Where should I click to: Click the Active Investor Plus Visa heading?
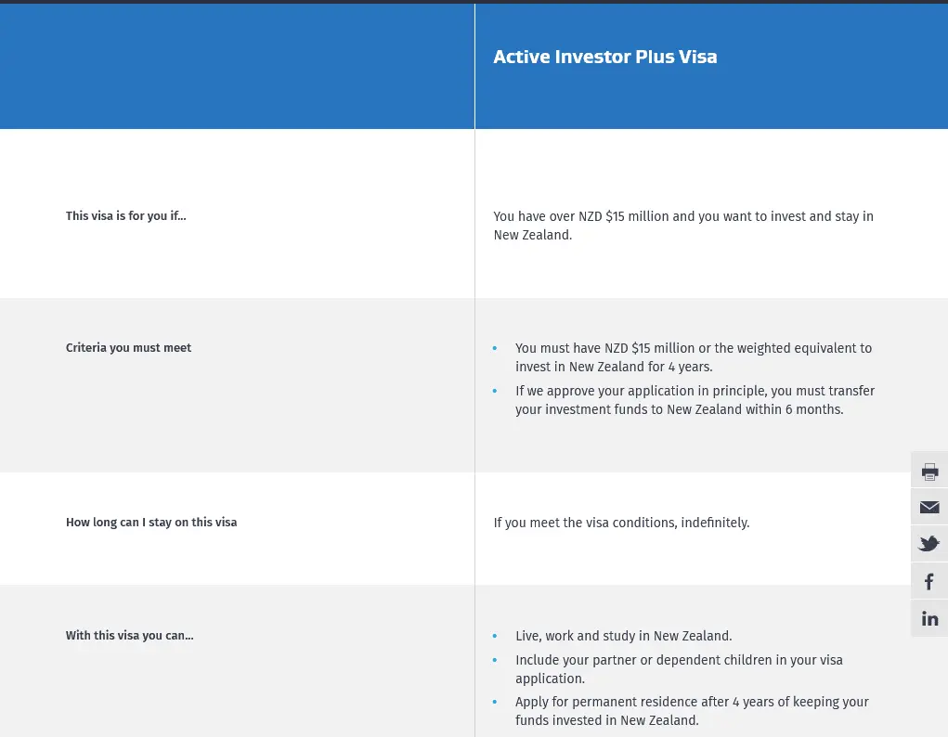(605, 57)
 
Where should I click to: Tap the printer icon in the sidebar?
(929, 472)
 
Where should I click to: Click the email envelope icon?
(929, 507)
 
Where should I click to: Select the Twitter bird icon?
(929, 544)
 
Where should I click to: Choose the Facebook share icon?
(929, 582)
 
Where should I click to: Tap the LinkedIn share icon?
(929, 618)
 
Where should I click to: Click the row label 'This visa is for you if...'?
(125, 216)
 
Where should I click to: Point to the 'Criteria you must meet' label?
(128, 348)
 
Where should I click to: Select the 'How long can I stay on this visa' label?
(151, 523)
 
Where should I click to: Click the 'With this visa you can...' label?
(129, 636)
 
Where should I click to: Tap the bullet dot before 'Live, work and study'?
(495, 636)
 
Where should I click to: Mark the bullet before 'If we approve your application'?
(495, 391)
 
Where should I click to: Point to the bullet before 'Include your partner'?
(495, 660)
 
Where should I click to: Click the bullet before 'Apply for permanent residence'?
(495, 702)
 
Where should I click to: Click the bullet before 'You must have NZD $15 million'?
(495, 348)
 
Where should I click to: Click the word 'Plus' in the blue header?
(655, 57)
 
